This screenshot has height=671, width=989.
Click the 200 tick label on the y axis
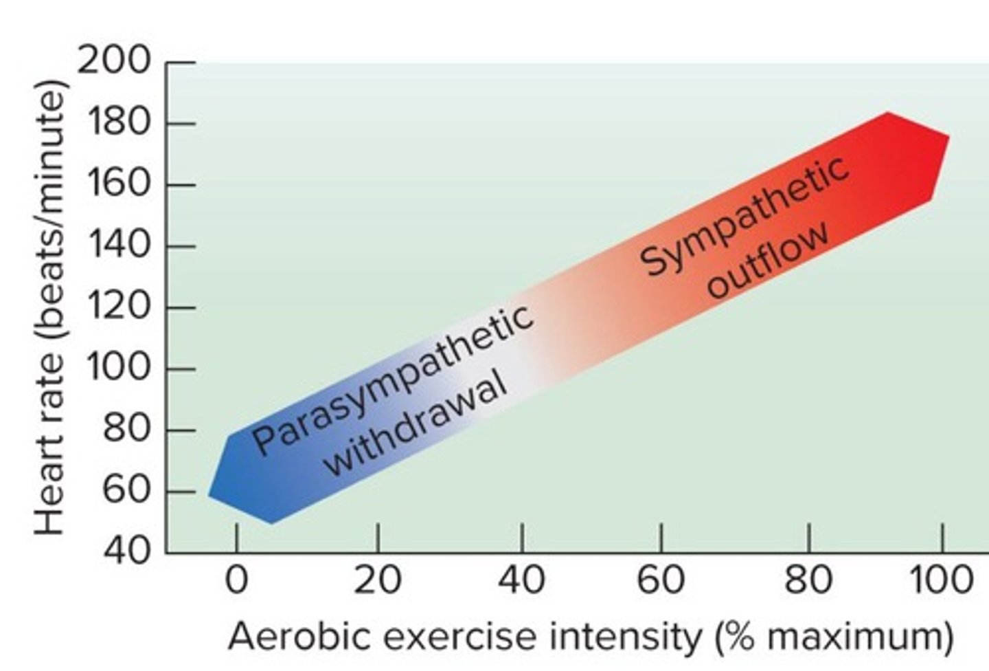pos(114,61)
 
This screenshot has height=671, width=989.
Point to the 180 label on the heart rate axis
pos(119,124)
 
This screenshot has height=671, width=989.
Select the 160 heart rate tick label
pos(119,185)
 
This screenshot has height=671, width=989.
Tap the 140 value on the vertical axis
pos(119,245)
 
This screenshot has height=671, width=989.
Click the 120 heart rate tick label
pos(119,307)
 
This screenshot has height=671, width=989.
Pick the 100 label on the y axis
pos(119,368)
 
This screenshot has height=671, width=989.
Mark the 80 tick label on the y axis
pos(126,430)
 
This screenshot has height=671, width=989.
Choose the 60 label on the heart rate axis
pos(126,491)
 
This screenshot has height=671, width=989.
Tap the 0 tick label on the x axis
pos(236,581)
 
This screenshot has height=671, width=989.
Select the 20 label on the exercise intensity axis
pos(377,581)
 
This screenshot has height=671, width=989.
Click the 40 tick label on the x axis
pos(521,581)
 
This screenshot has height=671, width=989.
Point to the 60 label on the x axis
pos(661,581)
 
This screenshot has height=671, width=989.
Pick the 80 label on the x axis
pos(808,581)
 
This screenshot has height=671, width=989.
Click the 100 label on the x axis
pos(941,581)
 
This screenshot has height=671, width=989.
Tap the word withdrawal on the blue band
pos(416,426)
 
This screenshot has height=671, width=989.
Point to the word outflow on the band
pos(769,261)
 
